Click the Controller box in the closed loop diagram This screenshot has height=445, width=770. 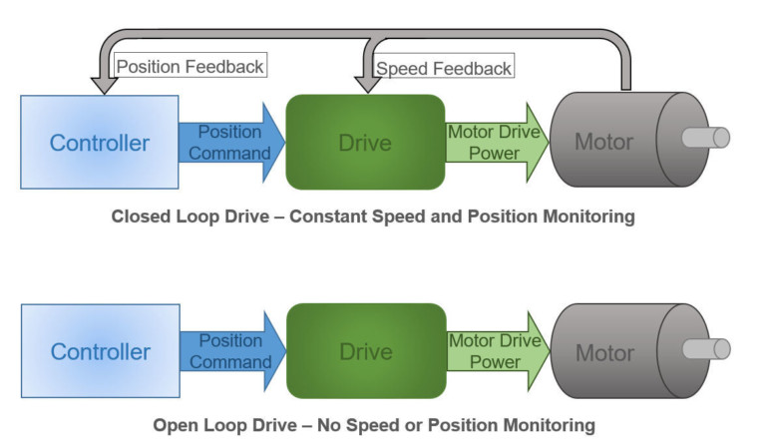click(x=100, y=142)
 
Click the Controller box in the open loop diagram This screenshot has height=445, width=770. click(x=100, y=351)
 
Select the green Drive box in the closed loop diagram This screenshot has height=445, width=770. click(x=365, y=142)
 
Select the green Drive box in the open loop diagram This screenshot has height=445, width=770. click(x=365, y=351)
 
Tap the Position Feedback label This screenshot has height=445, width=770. click(x=191, y=67)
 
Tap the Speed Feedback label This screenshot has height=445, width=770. click(x=444, y=68)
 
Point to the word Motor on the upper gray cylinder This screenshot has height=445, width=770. click(x=603, y=142)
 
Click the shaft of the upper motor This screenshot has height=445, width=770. click(x=708, y=138)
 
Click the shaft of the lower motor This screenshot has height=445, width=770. click(x=708, y=348)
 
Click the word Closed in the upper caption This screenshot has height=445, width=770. click(x=141, y=216)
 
